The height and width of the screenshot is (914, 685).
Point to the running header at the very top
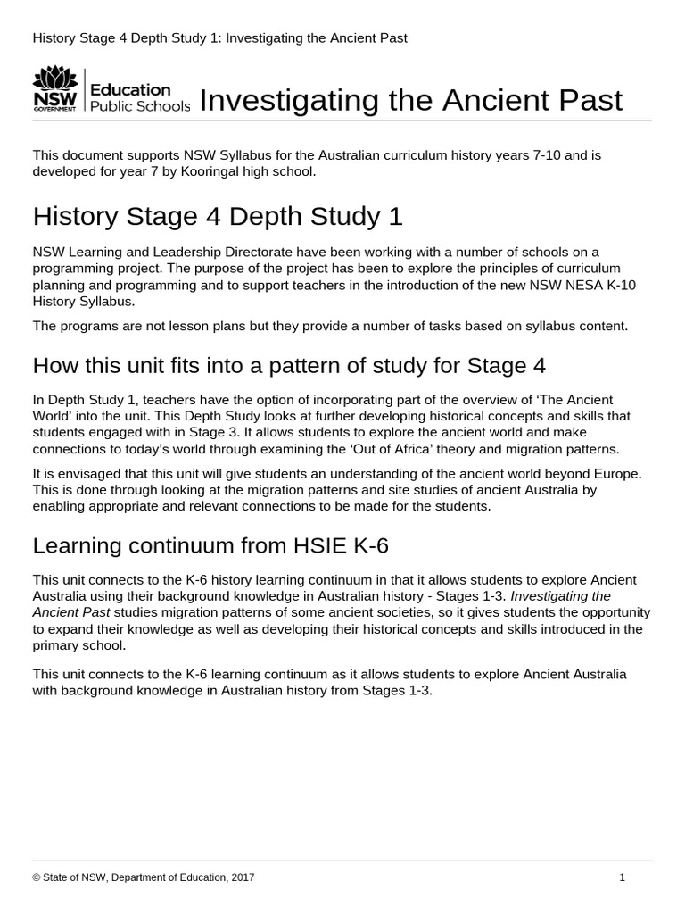tap(219, 37)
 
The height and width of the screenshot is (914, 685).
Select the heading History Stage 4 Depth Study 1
tap(218, 216)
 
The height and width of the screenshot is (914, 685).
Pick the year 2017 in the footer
tap(242, 877)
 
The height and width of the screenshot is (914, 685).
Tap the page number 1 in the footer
tap(622, 877)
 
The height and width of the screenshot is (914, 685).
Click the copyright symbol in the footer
tap(37, 877)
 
